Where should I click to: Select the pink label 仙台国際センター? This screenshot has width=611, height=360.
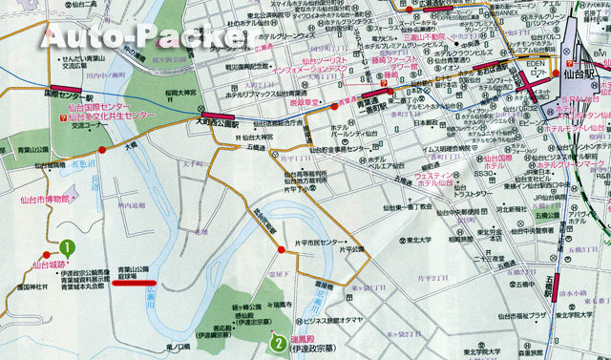coord(99,108)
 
